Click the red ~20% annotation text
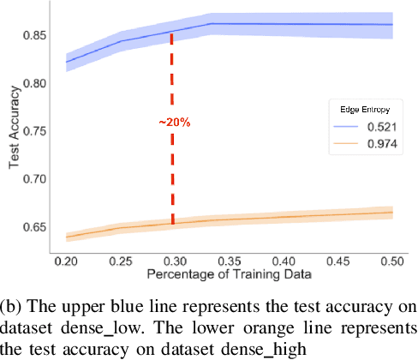pyautogui.click(x=174, y=123)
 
